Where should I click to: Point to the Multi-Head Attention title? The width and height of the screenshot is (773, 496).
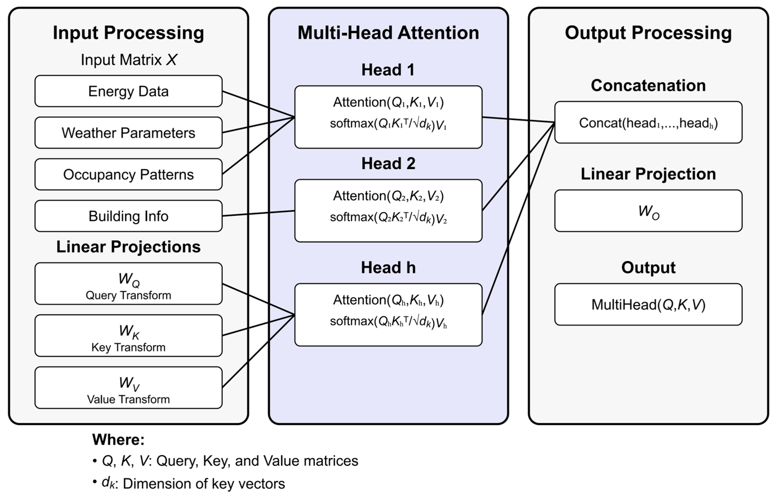[x=388, y=33]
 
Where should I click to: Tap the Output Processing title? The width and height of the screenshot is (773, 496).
[x=648, y=33]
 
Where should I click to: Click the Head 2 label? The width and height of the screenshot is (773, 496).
[x=388, y=164]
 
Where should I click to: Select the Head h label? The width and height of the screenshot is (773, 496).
[x=388, y=268]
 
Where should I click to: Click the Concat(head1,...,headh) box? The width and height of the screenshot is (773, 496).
[x=648, y=122]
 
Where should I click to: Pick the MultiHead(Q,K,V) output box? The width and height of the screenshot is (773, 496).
[x=648, y=304]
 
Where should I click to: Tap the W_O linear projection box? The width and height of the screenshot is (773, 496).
[x=648, y=211]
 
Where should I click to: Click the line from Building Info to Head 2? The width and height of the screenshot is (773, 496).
[x=258, y=213]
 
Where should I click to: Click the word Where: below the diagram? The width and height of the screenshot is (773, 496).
[x=118, y=440]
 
